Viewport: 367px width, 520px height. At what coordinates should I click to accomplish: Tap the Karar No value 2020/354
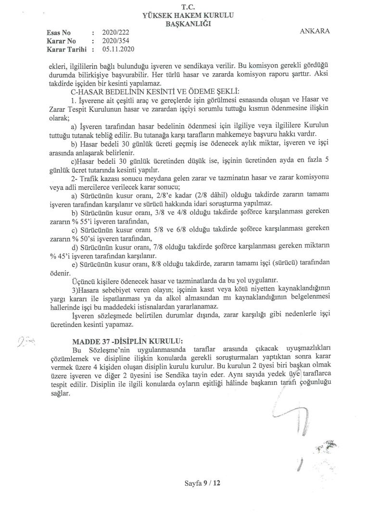click(114, 41)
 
